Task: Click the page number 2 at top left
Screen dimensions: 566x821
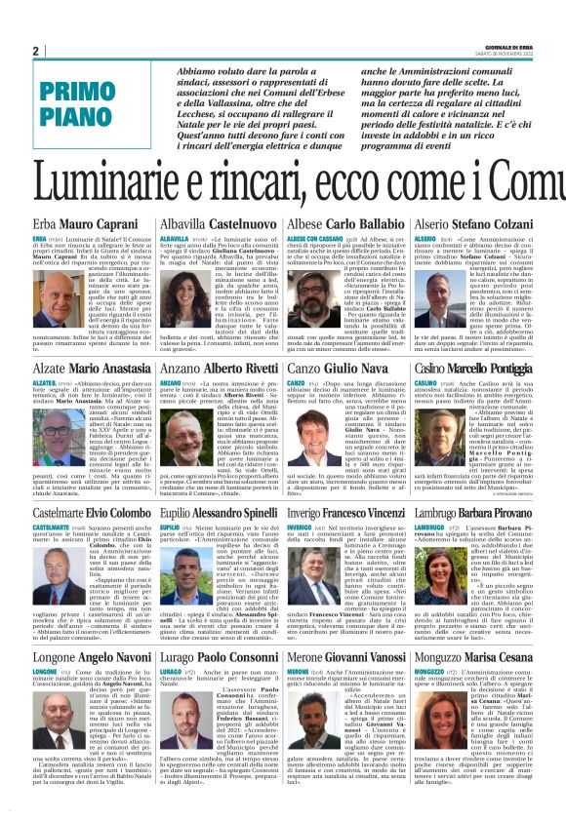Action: point(35,51)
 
